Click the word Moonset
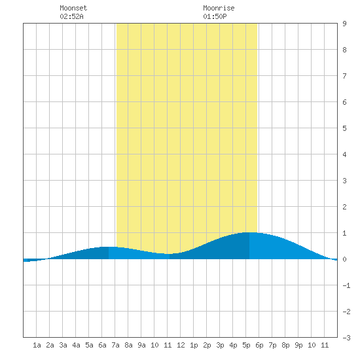[x=73, y=8]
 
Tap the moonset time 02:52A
[x=71, y=16]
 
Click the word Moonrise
[x=219, y=8]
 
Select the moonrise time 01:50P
[x=215, y=16]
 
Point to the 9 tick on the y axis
[x=344, y=24]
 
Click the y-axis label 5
[x=344, y=128]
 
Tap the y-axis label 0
[x=344, y=259]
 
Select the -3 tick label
[x=346, y=338]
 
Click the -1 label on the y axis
[x=346, y=285]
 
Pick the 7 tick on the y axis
[x=344, y=76]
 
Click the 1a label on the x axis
[x=37, y=345]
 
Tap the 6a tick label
[x=102, y=345]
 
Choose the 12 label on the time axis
[x=181, y=345]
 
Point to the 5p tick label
[x=246, y=345]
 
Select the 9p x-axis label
[x=298, y=345]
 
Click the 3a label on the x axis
[x=63, y=345]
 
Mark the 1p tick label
[x=194, y=345]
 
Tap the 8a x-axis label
[x=128, y=345]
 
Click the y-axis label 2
[x=344, y=207]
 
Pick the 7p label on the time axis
[x=272, y=345]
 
